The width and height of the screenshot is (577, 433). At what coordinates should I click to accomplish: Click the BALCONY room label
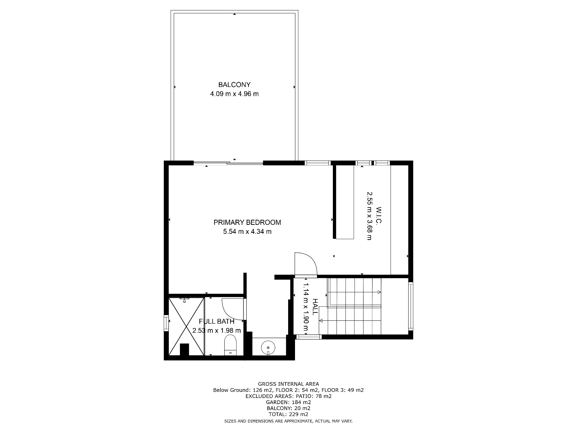[x=234, y=85]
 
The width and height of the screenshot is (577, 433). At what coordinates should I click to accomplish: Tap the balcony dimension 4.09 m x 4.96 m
[x=234, y=94]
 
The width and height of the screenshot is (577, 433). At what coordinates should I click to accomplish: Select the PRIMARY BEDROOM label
[x=247, y=222]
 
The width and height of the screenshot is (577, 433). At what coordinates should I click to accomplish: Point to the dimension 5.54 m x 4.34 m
[x=247, y=232]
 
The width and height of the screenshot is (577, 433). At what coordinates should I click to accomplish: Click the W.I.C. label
[x=379, y=215]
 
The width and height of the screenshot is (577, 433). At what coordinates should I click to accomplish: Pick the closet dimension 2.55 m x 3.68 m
[x=369, y=216]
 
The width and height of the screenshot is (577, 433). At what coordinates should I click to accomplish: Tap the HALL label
[x=315, y=307]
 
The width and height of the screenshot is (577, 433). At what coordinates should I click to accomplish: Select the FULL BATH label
[x=217, y=321]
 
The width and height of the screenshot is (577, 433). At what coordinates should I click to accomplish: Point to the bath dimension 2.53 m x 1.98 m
[x=217, y=331]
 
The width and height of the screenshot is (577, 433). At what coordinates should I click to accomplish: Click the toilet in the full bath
[x=230, y=345]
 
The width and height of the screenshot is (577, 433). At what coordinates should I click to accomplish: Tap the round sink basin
[x=268, y=348]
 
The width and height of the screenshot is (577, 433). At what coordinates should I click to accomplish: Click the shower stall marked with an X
[x=186, y=326]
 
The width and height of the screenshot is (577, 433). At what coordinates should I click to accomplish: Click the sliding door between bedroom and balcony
[x=228, y=163]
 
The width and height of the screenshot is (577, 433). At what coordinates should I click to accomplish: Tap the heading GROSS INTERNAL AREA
[x=288, y=384]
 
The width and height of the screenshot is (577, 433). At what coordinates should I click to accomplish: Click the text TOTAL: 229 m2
[x=288, y=414]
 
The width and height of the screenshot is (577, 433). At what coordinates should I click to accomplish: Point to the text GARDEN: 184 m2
[x=288, y=402]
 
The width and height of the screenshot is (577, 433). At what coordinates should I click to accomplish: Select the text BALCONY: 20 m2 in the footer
[x=288, y=408]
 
